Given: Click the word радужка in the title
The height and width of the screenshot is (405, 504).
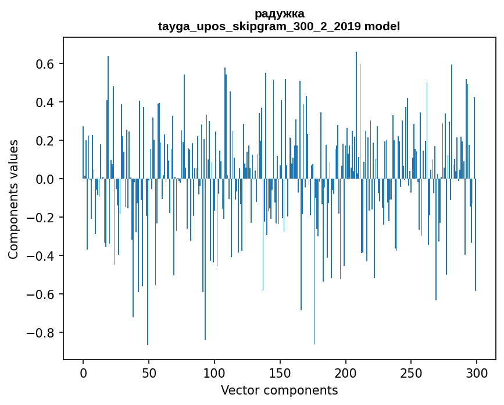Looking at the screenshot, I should point(279,13).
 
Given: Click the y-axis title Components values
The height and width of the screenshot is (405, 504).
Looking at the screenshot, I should point(13,199).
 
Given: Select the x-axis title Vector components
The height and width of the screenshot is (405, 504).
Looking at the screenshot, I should point(279,390).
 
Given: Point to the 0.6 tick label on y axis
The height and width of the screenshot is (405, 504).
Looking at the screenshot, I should point(44,64).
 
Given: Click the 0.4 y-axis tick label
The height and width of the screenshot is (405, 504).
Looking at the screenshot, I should point(44,102).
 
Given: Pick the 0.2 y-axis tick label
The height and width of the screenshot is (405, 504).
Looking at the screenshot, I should point(44,141).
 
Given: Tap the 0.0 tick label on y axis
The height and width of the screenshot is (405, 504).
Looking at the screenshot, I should point(44,179).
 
